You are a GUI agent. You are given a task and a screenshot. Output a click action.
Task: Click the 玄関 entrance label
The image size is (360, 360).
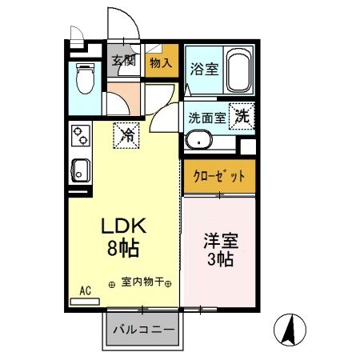[x=123, y=61]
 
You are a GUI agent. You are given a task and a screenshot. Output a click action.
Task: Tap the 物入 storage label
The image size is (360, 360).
[x=161, y=62]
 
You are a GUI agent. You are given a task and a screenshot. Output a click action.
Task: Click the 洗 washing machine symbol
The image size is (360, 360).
[x=242, y=115]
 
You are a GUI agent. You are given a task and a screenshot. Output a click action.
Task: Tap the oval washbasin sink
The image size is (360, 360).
[x=198, y=142]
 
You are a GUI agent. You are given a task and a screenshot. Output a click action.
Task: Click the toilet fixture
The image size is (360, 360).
[x=83, y=81]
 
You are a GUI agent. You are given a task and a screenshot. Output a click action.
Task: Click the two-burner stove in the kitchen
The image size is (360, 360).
[x=79, y=138]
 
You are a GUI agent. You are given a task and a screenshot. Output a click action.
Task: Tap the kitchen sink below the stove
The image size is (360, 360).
[x=80, y=169]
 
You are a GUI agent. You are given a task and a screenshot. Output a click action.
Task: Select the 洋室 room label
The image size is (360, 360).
[x=219, y=240]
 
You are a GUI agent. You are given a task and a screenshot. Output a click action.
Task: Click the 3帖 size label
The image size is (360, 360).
[x=219, y=260]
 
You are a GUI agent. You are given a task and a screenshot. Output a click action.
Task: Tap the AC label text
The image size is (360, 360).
[x=86, y=290]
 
